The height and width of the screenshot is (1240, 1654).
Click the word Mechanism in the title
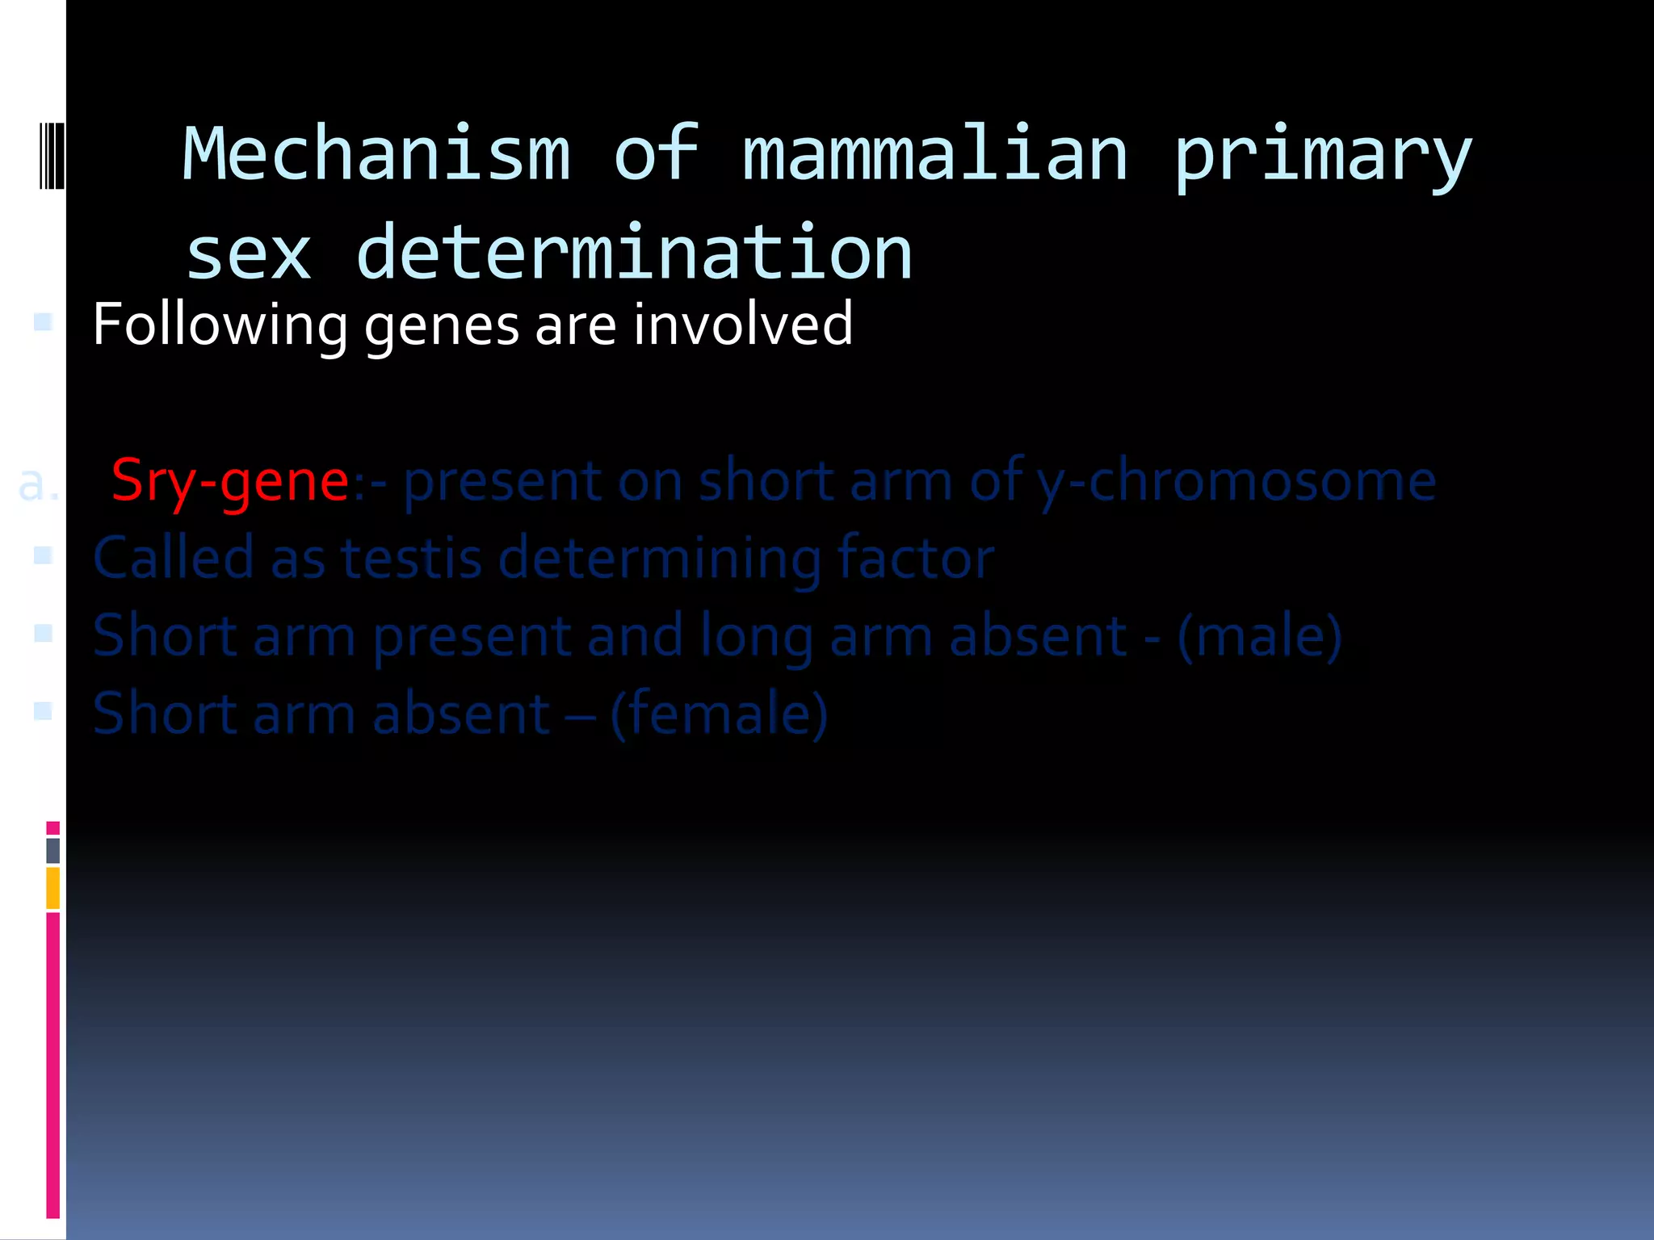click(376, 153)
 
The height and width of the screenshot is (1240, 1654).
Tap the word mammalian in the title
click(934, 153)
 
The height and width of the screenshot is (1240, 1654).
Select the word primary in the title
click(1322, 157)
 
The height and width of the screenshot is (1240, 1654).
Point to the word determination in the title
click(634, 253)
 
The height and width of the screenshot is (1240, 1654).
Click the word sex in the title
click(249, 255)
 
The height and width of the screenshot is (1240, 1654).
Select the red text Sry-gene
click(230, 482)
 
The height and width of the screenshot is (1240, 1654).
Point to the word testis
click(412, 558)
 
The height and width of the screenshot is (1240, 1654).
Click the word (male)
click(1260, 636)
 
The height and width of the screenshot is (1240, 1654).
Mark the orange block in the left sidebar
click(53, 888)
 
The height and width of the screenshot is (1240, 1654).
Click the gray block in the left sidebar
click(53, 850)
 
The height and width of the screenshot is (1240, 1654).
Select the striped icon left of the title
click(51, 154)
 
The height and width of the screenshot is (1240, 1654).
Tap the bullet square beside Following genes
click(44, 323)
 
